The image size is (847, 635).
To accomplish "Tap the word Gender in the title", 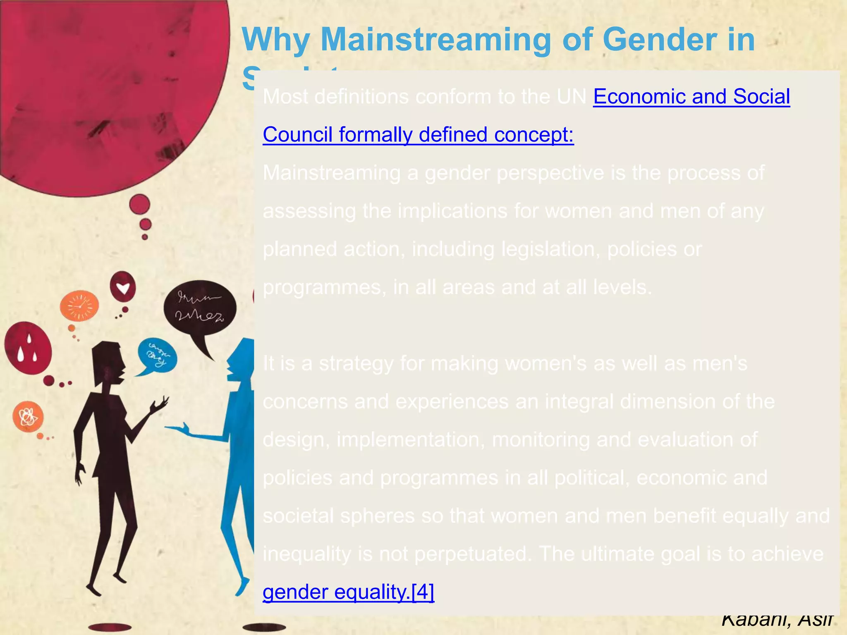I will point(660,40).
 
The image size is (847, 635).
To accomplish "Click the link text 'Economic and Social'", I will point(691,97).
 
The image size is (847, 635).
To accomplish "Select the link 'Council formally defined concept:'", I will point(418,135).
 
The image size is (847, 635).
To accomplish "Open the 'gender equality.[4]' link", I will point(348,592).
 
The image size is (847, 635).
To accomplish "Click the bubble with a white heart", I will point(123,287).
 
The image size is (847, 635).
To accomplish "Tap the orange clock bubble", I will point(79,306).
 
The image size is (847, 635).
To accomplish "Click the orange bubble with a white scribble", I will point(28,416).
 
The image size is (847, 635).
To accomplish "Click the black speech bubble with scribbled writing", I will point(200,308).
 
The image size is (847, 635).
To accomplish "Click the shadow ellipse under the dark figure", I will point(110,627).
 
